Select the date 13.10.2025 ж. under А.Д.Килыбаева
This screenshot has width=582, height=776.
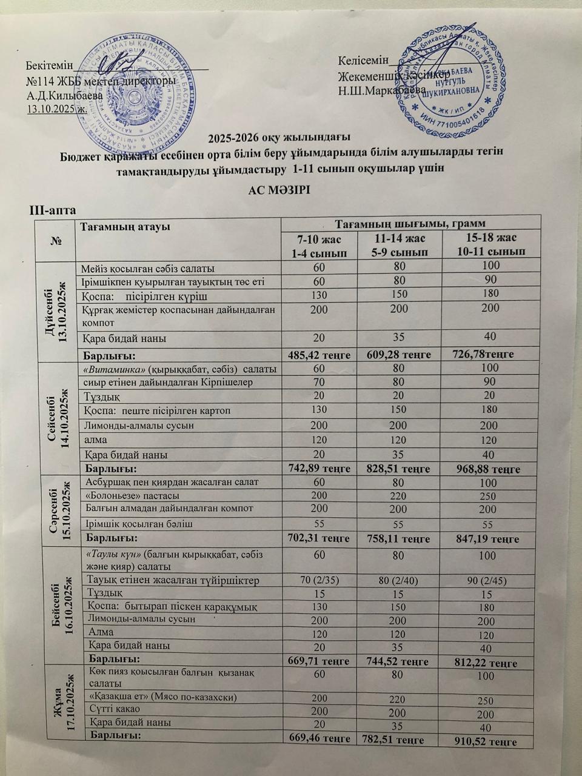[x=56, y=109]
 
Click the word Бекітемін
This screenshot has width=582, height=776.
[x=49, y=65]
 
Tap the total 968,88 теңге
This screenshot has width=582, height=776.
[x=492, y=468]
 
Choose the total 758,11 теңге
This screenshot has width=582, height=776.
[x=403, y=538]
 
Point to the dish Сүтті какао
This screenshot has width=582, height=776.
[x=115, y=709]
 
